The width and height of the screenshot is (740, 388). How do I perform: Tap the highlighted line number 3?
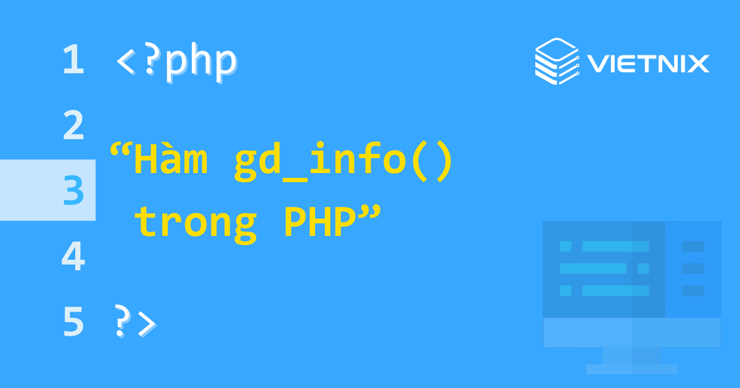[x=73, y=191]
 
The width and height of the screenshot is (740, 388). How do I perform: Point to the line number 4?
[x=73, y=257]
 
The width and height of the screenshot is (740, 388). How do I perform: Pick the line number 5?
[x=73, y=322]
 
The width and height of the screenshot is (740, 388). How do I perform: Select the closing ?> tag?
[x=136, y=322]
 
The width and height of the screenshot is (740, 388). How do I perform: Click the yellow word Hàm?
[x=170, y=161]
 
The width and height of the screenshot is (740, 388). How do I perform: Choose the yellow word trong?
[x=195, y=223]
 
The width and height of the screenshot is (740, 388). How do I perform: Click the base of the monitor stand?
[x=631, y=369]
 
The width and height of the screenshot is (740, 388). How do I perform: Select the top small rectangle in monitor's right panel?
[x=693, y=246]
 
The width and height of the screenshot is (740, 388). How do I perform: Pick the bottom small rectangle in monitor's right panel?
[x=693, y=290]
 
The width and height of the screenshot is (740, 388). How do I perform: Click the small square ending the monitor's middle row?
[x=643, y=269]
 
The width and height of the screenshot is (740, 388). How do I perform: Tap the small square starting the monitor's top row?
[x=565, y=246]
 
